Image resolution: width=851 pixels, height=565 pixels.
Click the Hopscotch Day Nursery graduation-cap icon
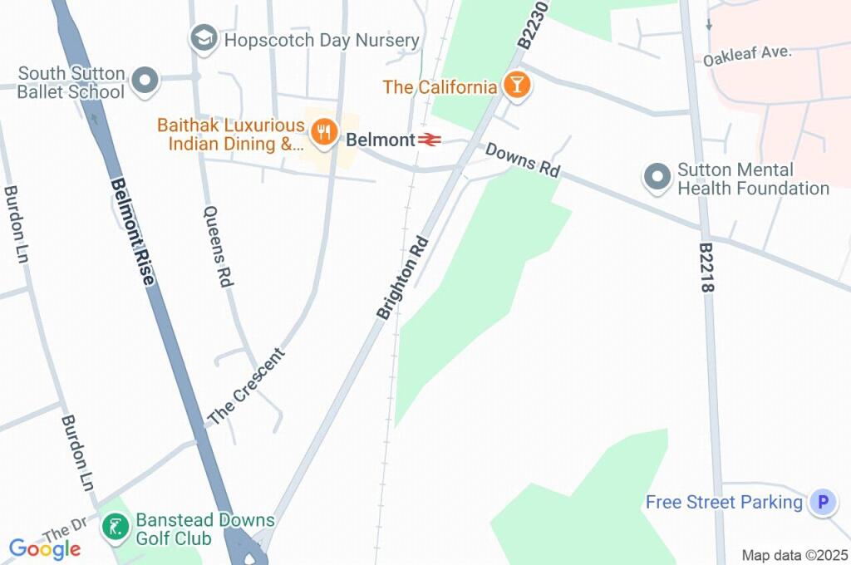tap(204, 37)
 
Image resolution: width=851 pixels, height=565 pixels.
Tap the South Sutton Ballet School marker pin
tap(146, 81)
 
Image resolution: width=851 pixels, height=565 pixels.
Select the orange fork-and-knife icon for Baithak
tap(323, 131)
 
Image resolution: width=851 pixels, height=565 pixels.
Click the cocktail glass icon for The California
tap(516, 85)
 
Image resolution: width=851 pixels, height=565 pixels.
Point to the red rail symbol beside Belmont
tap(429, 140)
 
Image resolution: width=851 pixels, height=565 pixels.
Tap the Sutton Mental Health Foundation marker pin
tap(657, 177)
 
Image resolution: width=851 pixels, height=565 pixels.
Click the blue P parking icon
tap(823, 502)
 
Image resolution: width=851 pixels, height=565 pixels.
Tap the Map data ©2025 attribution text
tap(794, 555)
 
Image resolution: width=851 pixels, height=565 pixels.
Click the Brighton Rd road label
tap(402, 278)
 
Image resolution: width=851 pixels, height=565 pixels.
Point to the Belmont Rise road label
tap(133, 233)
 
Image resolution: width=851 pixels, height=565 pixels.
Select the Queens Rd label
tap(218, 247)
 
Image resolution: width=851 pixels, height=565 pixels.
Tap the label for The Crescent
tap(246, 387)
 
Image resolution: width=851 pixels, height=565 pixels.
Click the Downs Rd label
tap(522, 159)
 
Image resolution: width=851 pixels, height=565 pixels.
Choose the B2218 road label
tap(707, 268)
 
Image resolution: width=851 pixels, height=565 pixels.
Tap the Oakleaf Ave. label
tap(747, 56)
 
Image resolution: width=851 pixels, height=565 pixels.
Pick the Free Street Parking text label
tap(724, 502)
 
